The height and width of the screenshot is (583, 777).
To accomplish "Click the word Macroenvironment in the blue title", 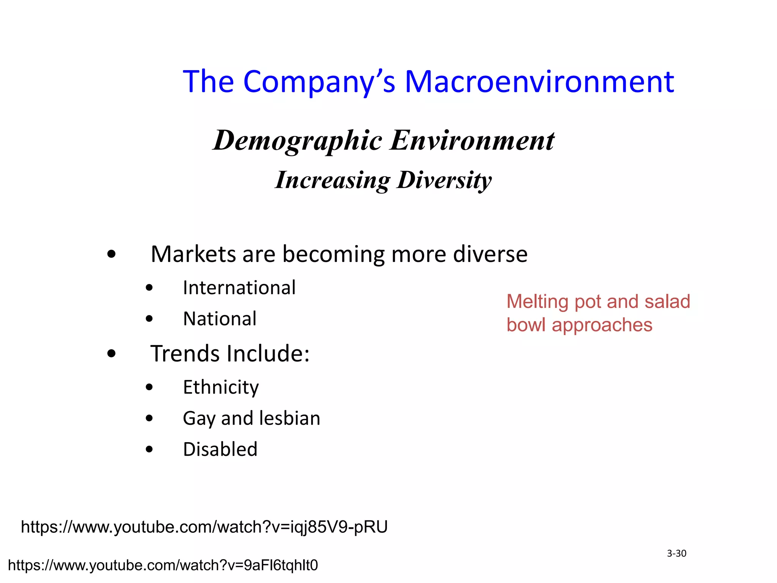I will [539, 82].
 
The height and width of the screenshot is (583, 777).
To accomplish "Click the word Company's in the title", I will [319, 82].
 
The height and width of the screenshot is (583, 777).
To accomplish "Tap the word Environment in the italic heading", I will [473, 140].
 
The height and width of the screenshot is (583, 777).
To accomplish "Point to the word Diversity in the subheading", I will [444, 180].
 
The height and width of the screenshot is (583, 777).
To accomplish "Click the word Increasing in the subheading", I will [332, 180].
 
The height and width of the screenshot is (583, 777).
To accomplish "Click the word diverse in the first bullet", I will [490, 254].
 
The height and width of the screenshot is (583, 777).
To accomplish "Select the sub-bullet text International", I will [239, 288].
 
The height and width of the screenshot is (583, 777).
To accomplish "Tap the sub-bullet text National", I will [220, 319].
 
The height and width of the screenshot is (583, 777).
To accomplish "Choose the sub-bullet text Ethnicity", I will [221, 388].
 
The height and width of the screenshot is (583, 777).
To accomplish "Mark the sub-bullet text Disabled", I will [220, 449].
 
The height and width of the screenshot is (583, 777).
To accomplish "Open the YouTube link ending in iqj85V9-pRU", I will [204, 527].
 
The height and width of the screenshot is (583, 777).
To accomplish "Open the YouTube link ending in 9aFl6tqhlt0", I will [163, 566].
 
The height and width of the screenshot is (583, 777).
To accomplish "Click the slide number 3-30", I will [676, 554].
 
